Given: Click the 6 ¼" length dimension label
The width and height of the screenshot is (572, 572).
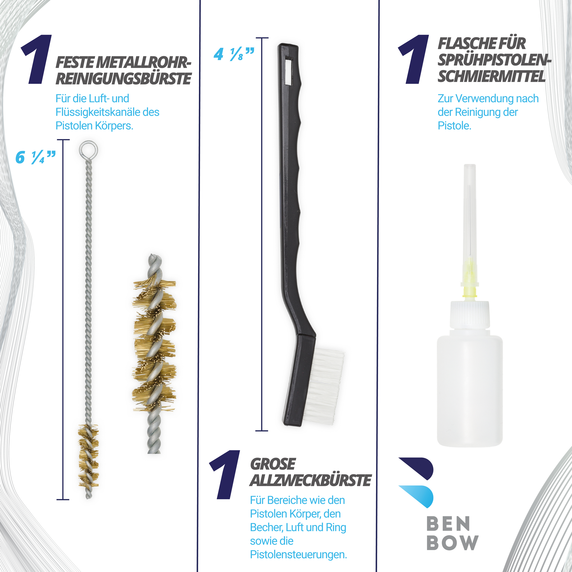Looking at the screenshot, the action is coord(35,157).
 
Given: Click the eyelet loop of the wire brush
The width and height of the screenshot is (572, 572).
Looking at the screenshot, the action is coord(88,150).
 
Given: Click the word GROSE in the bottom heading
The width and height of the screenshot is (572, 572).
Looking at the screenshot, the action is coord(273,464).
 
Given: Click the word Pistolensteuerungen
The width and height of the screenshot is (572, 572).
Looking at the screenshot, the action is coord(298,554).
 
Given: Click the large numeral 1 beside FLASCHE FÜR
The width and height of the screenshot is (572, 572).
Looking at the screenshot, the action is coord(414,59).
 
